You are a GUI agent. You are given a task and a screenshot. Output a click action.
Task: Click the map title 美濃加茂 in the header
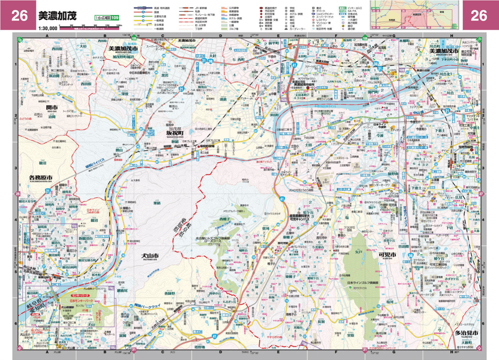coord(58,15)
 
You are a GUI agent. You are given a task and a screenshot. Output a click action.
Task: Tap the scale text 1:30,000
coord(47,28)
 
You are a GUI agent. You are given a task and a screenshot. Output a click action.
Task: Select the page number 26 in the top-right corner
coord(478,15)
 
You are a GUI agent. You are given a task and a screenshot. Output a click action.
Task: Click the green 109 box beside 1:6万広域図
coord(114,18)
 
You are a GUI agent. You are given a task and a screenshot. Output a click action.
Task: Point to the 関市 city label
coord(52,107)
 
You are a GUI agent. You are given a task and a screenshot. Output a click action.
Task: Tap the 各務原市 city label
coord(41,177)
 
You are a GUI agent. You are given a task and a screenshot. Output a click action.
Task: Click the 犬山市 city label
coord(151,255)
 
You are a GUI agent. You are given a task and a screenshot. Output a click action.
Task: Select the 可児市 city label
coord(387,255)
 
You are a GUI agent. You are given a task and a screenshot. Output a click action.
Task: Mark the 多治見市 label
coord(466,333)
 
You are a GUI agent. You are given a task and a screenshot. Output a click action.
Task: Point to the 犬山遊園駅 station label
coord(67,307)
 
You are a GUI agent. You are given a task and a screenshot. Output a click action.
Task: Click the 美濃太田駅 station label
coord(322,62)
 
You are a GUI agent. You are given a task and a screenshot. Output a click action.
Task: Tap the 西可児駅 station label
coord(283,243)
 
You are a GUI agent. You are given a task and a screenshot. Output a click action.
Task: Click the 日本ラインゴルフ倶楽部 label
coord(363,283)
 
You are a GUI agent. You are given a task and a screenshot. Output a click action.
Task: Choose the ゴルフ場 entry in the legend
coord(233,28)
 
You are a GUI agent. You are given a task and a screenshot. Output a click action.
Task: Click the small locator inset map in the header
coord(414,15)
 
